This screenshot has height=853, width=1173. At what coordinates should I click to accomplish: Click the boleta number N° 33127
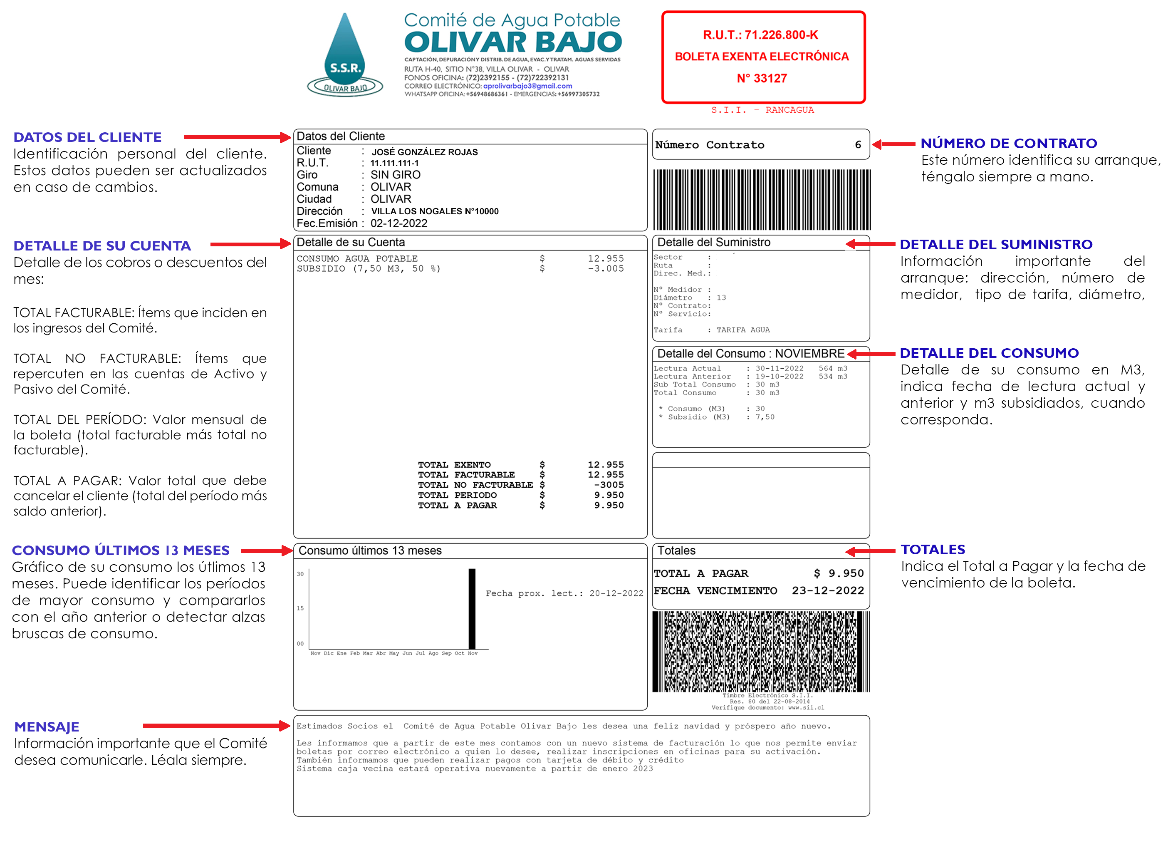[x=762, y=79]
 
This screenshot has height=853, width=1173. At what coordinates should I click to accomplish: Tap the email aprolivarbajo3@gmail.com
[x=527, y=86]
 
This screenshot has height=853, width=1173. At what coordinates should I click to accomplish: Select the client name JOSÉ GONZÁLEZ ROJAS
[x=425, y=152]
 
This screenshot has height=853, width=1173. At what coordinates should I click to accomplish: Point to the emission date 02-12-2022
[x=399, y=223]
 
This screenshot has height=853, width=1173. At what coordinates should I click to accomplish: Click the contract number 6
[x=858, y=145]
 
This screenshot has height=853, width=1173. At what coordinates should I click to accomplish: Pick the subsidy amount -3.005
[x=606, y=268]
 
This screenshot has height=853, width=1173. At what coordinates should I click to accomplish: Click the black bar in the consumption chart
[x=472, y=609]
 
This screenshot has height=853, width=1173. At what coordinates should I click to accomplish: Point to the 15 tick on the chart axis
[x=300, y=608]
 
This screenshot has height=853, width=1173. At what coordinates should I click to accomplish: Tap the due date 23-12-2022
[x=827, y=591]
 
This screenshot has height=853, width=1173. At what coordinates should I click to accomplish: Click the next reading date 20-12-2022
[x=616, y=593]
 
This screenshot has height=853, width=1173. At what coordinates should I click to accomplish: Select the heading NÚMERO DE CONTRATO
[x=1009, y=143]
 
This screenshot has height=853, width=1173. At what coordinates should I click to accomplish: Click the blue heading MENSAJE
[x=47, y=727]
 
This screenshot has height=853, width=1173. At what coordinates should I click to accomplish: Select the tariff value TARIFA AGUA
[x=743, y=330]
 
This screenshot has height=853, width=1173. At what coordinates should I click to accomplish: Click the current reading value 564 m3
[x=833, y=369]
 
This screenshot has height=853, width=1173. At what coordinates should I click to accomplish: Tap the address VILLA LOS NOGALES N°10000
[x=434, y=211]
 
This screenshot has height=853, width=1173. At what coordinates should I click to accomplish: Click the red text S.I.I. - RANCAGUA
[x=762, y=110]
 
